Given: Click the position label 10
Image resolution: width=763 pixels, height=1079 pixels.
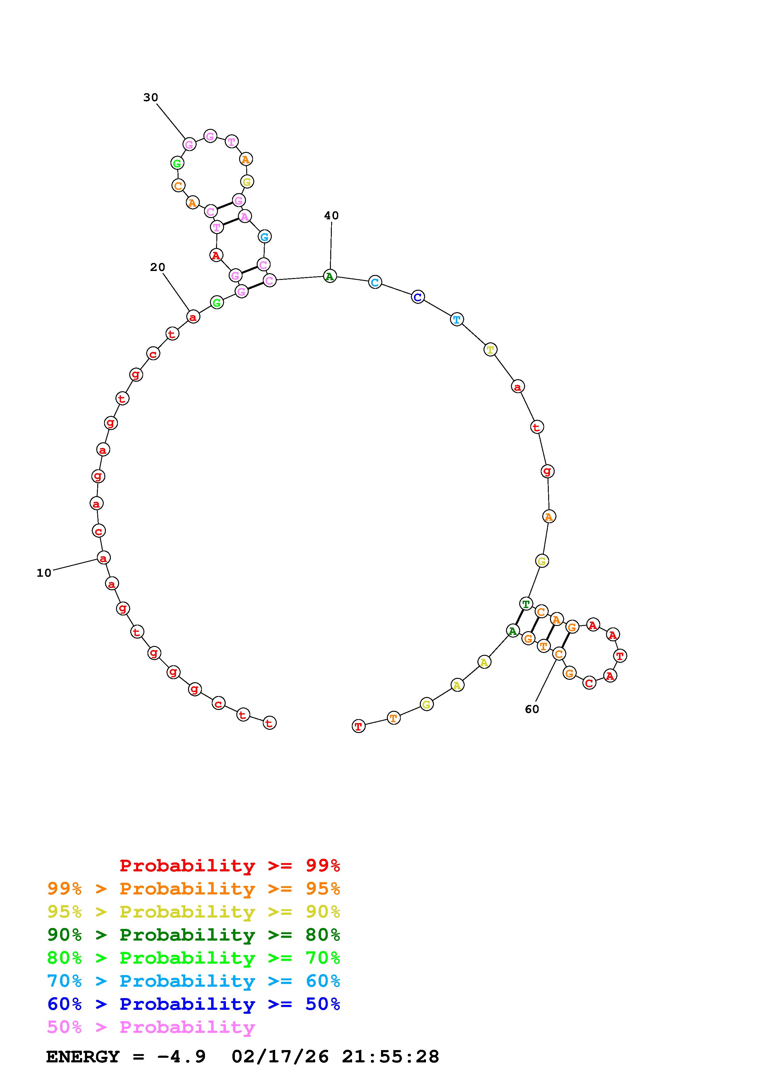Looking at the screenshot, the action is pyautogui.click(x=44, y=573).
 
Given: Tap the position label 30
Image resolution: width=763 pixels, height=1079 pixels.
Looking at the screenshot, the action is pyautogui.click(x=151, y=97).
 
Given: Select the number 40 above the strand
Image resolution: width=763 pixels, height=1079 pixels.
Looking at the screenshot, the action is pyautogui.click(x=331, y=215).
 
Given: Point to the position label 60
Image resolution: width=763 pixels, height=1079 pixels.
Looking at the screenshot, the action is pyautogui.click(x=532, y=709).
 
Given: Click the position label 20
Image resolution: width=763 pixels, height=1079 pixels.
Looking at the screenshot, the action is pyautogui.click(x=158, y=267).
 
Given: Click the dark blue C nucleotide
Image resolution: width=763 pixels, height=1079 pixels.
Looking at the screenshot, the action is pyautogui.click(x=417, y=297).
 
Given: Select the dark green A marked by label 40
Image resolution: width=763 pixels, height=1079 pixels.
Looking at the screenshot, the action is pyautogui.click(x=330, y=276).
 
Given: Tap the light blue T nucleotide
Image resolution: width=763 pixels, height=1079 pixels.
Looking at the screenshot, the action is pyautogui.click(x=456, y=320).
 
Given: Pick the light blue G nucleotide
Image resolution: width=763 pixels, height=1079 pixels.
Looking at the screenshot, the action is pyautogui.click(x=265, y=237).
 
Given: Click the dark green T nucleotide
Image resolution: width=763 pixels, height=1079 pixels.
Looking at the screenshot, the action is pyautogui.click(x=526, y=603).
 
